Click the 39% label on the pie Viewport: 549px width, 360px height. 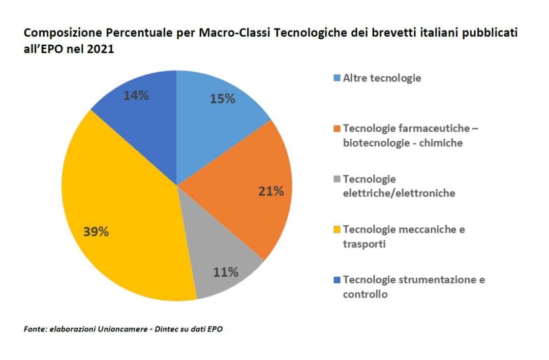pos(96,232)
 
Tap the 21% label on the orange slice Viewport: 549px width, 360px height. pos(271,191)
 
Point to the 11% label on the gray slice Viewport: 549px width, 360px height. pos(226,272)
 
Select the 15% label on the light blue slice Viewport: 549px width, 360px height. pos(223,99)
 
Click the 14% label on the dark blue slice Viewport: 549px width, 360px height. pos(136,95)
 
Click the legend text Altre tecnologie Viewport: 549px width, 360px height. pos(382,78)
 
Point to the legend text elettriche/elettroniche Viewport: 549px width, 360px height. pos(399,193)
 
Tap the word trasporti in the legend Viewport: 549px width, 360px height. pos(364,244)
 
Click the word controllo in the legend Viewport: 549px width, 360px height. pos(365,294)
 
